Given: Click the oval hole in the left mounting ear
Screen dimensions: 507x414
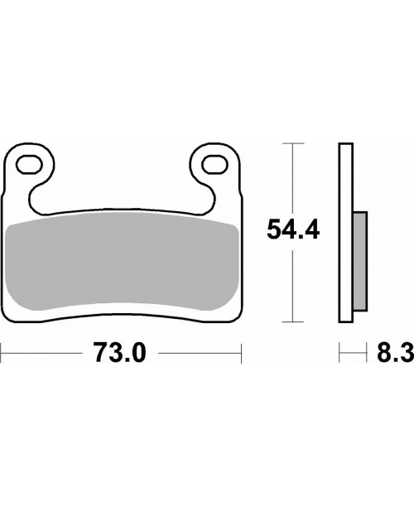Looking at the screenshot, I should tap(32, 162).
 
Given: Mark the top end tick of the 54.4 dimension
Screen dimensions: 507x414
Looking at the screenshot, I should tap(289, 143).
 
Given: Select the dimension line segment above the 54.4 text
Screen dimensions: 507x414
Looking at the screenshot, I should tap(289, 178).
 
